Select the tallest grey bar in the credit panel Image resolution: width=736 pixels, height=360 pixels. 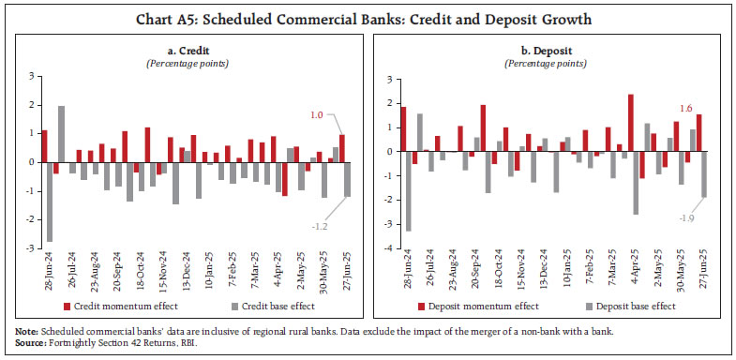pyautogui.click(x=61, y=133)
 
